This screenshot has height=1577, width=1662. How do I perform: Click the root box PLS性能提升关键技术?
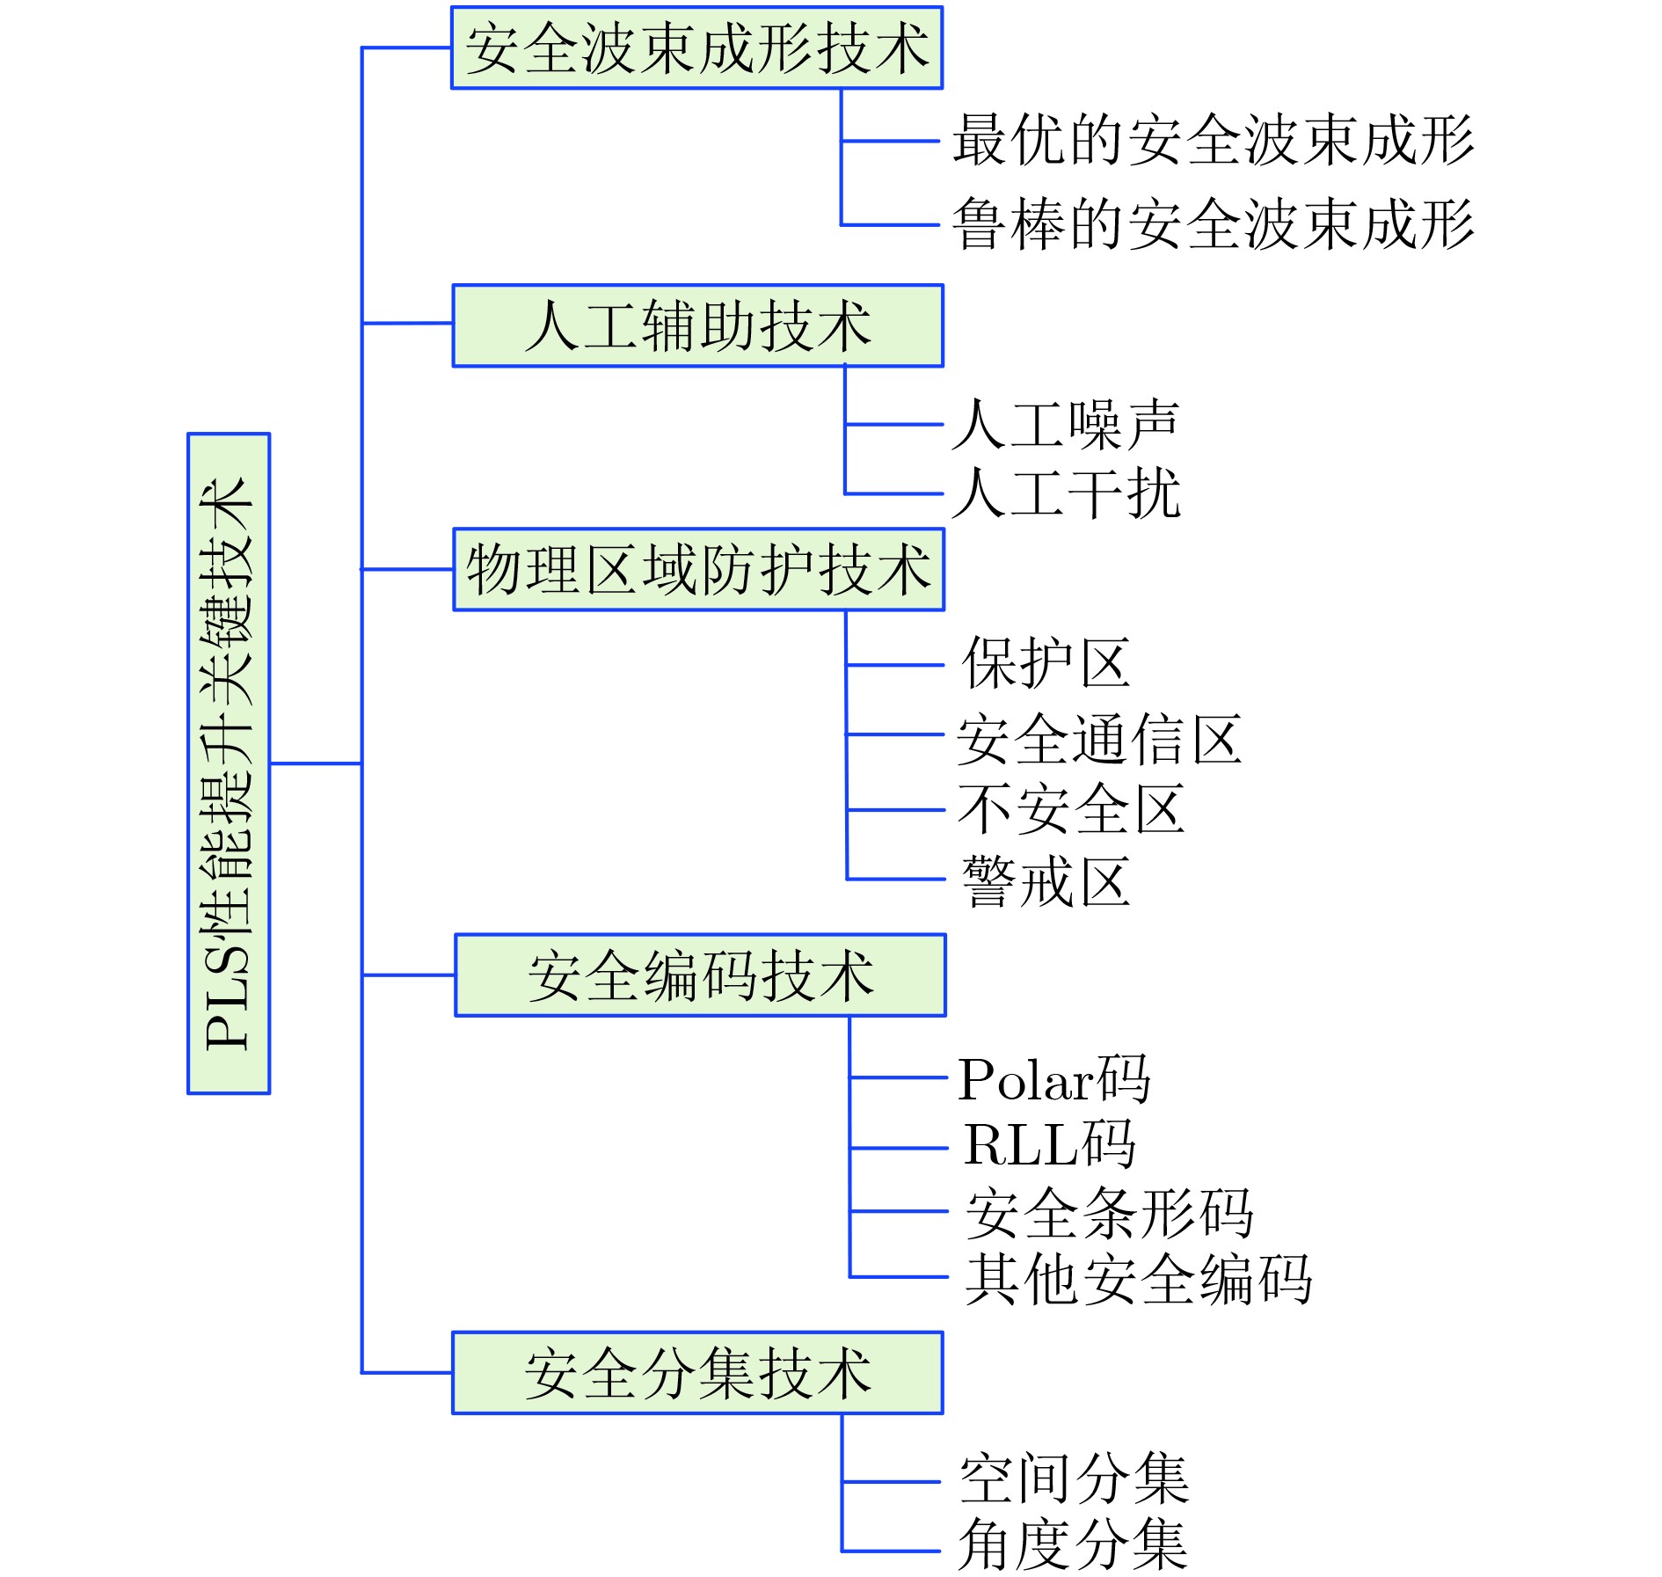click(x=229, y=763)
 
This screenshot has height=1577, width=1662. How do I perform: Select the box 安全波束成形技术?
click(x=697, y=47)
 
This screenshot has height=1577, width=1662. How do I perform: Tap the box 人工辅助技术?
click(x=698, y=325)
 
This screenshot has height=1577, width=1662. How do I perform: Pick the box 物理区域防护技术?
click(x=699, y=569)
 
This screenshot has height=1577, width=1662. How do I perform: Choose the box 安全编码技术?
click(x=701, y=975)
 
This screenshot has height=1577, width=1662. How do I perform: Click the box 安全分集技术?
click(x=698, y=1373)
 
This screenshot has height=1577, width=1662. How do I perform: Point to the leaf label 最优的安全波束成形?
click(x=1214, y=140)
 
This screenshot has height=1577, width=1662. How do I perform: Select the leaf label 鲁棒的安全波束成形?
click(x=1214, y=223)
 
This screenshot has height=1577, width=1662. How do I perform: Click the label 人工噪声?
click(x=1066, y=424)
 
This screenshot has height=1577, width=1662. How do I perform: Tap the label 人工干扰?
click(x=1067, y=493)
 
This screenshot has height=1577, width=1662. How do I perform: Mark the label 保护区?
click(x=1046, y=662)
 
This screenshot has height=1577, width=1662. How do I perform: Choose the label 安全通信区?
click(x=1099, y=739)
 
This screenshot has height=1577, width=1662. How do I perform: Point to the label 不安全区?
click(x=1071, y=808)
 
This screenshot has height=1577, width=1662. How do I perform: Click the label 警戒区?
click(x=1046, y=880)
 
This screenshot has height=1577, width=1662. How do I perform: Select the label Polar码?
click(x=1053, y=1077)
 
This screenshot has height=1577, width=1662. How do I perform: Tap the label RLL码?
click(x=1049, y=1143)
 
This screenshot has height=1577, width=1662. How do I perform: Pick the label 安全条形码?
click(x=1109, y=1213)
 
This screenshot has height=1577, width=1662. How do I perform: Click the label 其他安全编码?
click(x=1139, y=1279)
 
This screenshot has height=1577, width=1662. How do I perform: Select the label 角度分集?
click(x=1073, y=1544)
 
